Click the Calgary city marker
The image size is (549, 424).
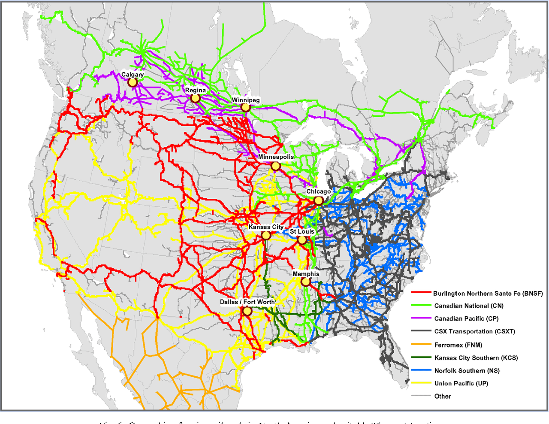(x=133, y=82)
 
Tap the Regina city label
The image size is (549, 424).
(x=195, y=91)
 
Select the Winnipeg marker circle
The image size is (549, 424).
(x=245, y=107)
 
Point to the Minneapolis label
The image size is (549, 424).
(x=276, y=157)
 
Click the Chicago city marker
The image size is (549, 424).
(x=318, y=200)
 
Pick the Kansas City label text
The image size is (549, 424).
(x=266, y=227)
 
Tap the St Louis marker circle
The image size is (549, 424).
(x=302, y=240)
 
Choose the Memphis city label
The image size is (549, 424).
(x=306, y=274)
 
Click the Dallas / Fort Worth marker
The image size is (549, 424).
(x=247, y=311)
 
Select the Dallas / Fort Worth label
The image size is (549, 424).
(x=247, y=302)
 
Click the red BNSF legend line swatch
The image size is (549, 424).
(x=421, y=293)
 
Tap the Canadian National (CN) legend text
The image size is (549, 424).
(x=469, y=306)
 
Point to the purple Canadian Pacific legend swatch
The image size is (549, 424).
(x=421, y=318)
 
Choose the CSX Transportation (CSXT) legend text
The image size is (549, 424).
(x=475, y=331)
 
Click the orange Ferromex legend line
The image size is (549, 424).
(x=421, y=344)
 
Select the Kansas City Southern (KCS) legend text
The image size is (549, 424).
(x=476, y=358)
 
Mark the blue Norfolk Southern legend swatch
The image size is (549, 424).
(x=421, y=370)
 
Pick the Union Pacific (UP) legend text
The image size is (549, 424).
(x=461, y=383)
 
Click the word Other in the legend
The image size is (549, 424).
(x=443, y=396)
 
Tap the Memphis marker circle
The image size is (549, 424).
(x=305, y=282)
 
